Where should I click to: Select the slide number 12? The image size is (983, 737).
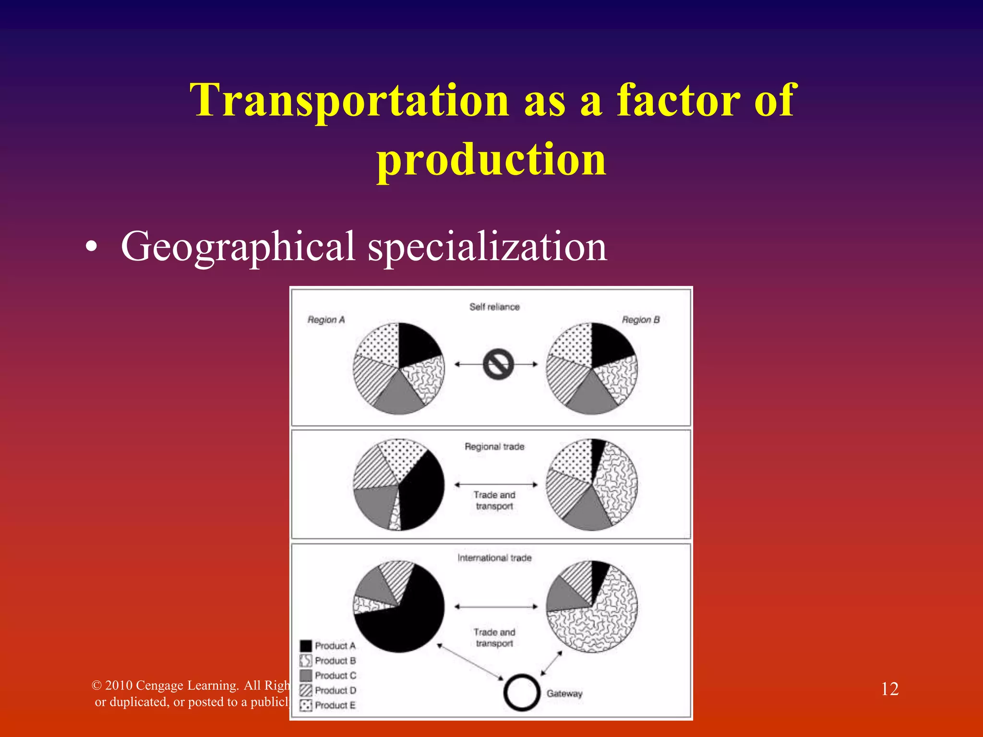[889, 689]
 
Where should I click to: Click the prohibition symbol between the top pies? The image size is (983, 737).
[498, 365]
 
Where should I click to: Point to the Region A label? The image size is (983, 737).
[326, 320]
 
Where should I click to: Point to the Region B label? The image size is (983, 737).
[640, 320]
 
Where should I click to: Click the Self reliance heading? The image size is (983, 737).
[494, 307]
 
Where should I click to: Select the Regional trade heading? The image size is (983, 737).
[494, 447]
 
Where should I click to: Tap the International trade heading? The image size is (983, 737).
[494, 558]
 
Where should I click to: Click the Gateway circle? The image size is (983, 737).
[522, 693]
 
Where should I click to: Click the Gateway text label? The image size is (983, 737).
[564, 693]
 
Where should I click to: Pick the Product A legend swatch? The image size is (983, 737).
[306, 646]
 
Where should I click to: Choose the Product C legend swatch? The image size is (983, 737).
[306, 676]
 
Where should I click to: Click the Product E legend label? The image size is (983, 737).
[335, 705]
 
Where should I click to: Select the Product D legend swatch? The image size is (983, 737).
[306, 690]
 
